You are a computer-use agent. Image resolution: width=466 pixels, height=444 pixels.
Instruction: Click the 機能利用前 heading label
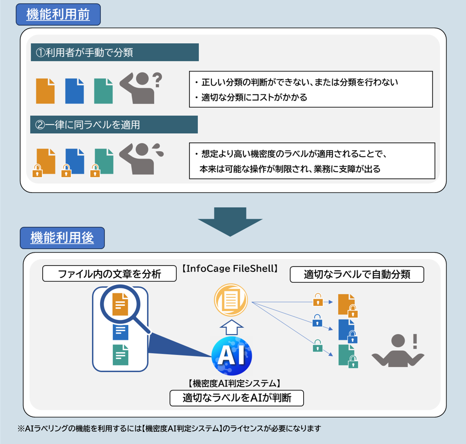58,15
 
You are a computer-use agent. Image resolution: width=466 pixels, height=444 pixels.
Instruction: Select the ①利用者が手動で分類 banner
115,53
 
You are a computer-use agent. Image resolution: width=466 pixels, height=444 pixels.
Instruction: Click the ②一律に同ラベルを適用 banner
114,124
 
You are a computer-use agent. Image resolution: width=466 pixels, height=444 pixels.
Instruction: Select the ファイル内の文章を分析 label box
109,274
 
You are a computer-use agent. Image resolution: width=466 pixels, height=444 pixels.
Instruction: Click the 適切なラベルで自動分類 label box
357,274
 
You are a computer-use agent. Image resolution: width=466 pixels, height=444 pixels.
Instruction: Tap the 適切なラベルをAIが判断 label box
237,398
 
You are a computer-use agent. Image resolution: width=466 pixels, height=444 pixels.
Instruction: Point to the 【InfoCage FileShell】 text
229,268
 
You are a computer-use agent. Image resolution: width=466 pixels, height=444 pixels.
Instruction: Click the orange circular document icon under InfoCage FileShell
231,300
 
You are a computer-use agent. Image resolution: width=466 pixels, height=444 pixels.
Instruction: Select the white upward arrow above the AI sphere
231,327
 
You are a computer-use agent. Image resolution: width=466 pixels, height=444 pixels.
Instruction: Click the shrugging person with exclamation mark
397,350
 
